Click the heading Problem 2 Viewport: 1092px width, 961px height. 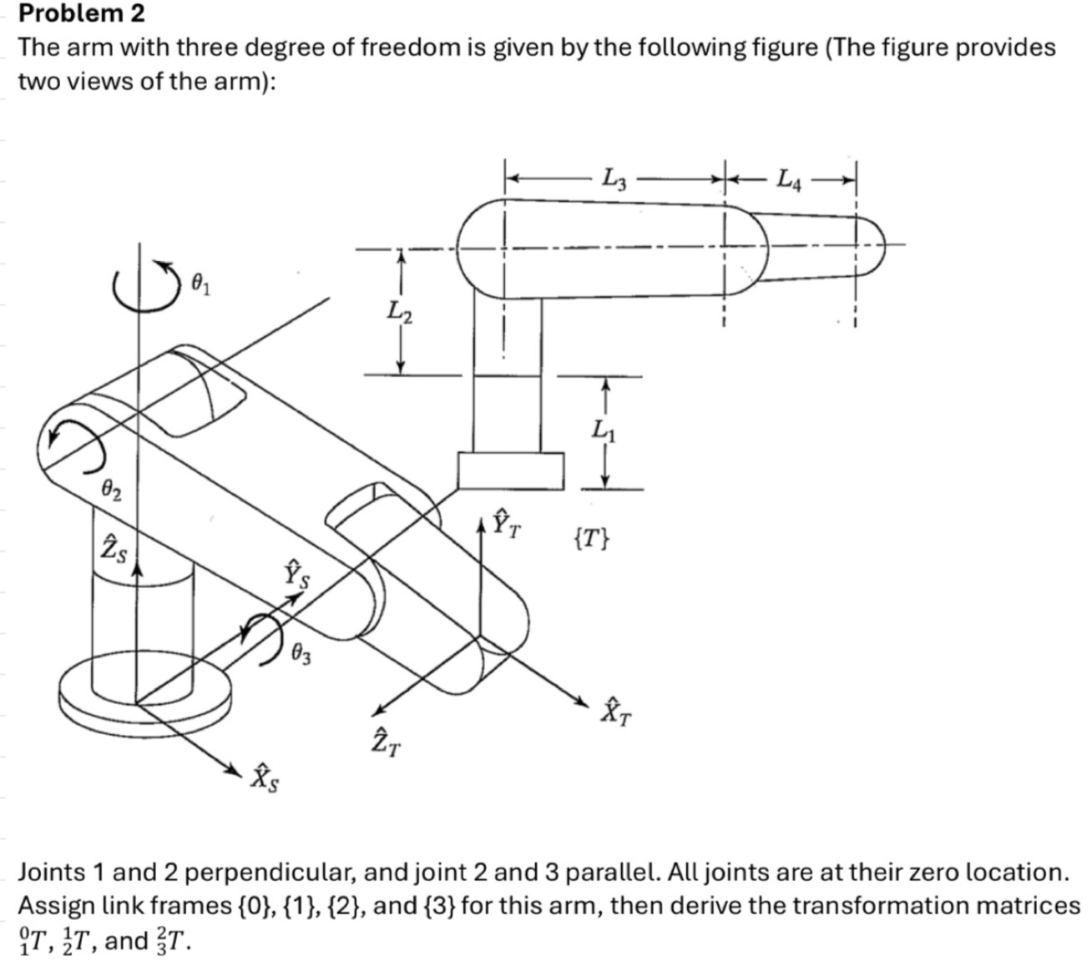click(81, 13)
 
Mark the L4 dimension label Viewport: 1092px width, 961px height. click(789, 179)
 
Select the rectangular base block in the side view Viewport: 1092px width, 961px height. click(510, 470)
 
